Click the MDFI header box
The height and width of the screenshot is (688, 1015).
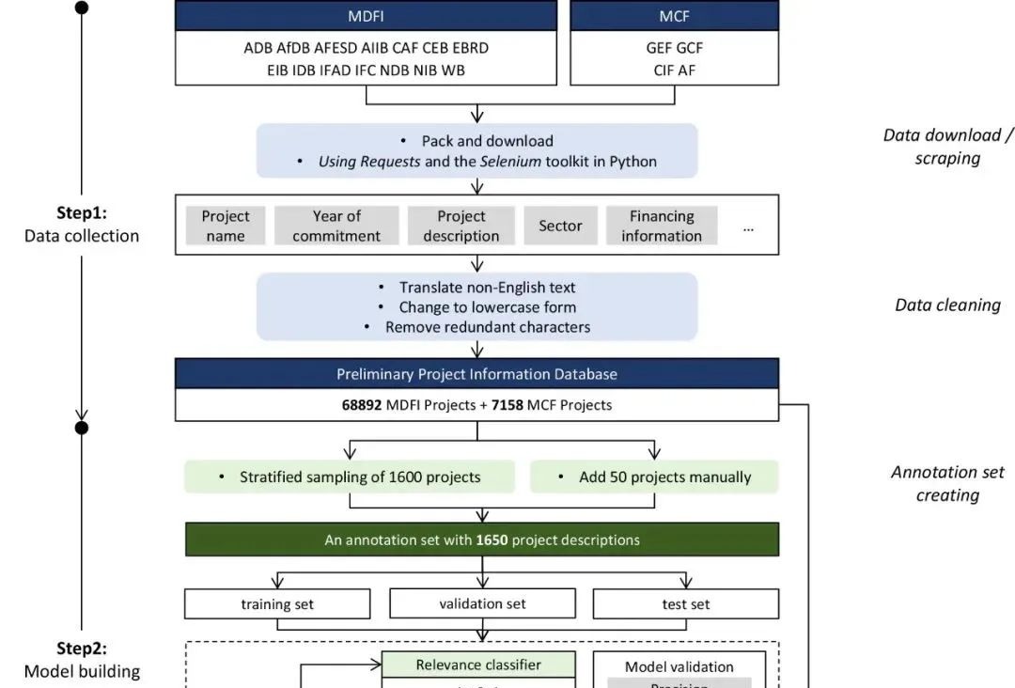click(x=366, y=16)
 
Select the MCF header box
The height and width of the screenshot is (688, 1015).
click(x=674, y=16)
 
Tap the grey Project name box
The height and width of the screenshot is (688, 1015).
click(x=226, y=226)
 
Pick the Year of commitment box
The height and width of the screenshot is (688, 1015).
click(x=336, y=226)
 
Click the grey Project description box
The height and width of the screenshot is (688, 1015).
click(x=461, y=226)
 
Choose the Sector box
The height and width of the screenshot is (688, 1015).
click(x=560, y=226)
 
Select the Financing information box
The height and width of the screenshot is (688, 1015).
click(x=662, y=226)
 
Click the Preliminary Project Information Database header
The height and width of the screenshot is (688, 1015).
click(x=476, y=374)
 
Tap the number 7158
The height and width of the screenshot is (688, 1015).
click(x=507, y=405)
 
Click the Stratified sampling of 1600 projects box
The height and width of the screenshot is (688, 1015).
click(x=350, y=477)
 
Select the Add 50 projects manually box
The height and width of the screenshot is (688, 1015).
click(x=655, y=477)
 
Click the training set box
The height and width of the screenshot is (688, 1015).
click(x=277, y=604)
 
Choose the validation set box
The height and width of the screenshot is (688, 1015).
click(x=482, y=603)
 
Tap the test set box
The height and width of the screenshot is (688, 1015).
click(x=686, y=604)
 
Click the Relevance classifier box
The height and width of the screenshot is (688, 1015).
click(x=478, y=665)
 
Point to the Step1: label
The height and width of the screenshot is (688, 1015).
click(x=82, y=213)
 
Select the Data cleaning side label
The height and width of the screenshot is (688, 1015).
click(x=947, y=305)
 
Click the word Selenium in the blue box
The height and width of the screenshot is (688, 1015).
click(x=510, y=162)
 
